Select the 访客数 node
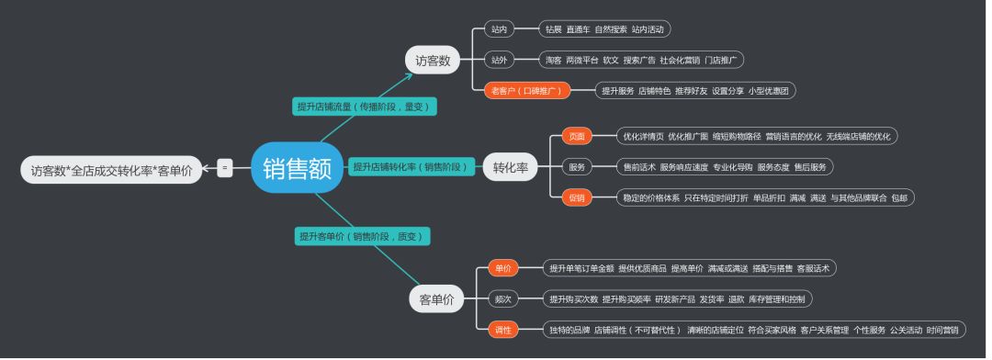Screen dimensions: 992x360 [x=433, y=61]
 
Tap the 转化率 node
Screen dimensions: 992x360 [x=510, y=167]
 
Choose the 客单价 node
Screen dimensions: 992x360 [x=436, y=299]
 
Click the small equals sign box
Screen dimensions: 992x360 [x=225, y=168]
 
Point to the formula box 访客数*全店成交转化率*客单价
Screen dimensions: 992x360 [x=111, y=170]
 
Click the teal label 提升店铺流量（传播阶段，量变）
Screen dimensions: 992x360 [x=364, y=107]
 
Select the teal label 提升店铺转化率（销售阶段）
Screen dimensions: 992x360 [x=411, y=167]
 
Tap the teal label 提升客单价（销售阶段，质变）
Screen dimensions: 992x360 [x=362, y=236]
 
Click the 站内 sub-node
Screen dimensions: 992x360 [x=499, y=29]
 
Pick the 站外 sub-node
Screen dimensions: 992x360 [x=499, y=60]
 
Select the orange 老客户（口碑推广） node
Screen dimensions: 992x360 [x=527, y=90]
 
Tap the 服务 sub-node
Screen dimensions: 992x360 [x=577, y=167]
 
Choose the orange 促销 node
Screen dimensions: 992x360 [x=577, y=197]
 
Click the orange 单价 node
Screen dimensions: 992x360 [x=502, y=268]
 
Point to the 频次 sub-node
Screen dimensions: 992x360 [x=502, y=299]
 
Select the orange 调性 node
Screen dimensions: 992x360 [x=502, y=330]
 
